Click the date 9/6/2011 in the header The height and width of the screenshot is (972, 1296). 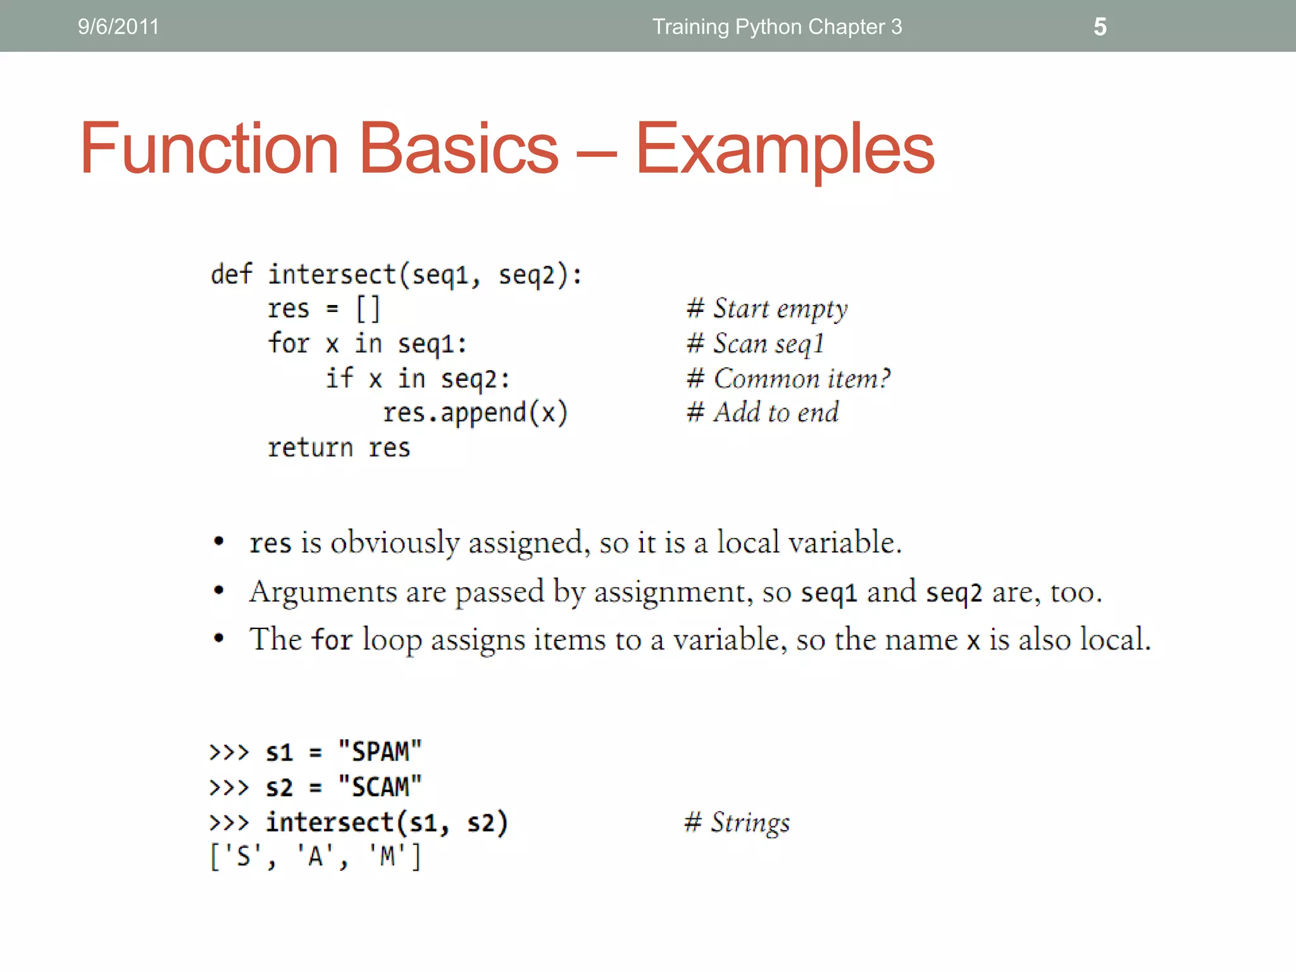[118, 27]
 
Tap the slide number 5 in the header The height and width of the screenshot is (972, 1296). [1100, 27]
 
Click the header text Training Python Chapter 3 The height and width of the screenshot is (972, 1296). [777, 27]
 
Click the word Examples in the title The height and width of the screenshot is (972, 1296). [785, 150]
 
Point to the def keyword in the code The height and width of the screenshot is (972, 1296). [231, 275]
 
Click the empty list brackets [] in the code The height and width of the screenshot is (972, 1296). [368, 309]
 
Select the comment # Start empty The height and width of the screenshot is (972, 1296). [767, 309]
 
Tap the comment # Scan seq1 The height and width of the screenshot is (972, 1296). [756, 344]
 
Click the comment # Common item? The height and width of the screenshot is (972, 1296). [788, 378]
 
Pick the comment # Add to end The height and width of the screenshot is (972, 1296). [763, 413]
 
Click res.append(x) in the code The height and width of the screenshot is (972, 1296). [475, 413]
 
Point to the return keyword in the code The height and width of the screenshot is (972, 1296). [309, 448]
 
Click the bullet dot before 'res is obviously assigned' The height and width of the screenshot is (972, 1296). [219, 541]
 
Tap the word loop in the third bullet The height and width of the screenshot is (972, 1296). [392, 640]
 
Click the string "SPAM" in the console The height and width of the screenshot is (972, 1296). [380, 752]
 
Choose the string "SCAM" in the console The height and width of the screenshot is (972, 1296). [380, 787]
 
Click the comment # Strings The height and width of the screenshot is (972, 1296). [737, 823]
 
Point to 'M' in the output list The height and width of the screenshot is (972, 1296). [387, 857]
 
